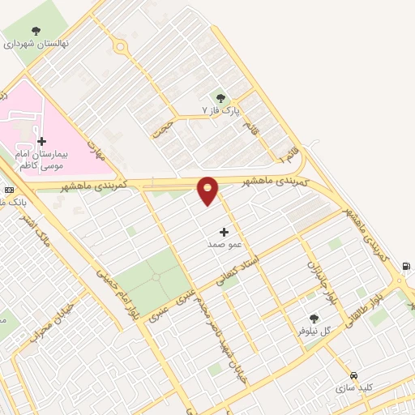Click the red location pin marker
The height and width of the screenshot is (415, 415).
tap(208, 190)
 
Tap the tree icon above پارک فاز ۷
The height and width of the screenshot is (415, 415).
tap(220, 97)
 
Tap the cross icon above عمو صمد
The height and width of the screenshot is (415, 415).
tap(224, 232)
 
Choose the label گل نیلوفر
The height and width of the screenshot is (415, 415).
tap(314, 331)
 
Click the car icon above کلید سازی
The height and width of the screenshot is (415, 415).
tap(354, 376)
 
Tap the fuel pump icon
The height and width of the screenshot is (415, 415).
tap(406, 266)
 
